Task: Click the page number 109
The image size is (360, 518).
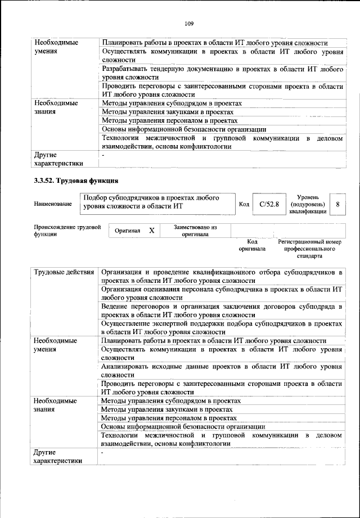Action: [x=189, y=24]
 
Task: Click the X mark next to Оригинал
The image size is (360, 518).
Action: [x=151, y=231]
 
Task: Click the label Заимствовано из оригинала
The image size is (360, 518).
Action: [x=195, y=231]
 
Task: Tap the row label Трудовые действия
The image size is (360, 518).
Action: [x=64, y=272]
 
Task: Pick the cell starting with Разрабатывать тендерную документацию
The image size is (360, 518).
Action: [x=222, y=71]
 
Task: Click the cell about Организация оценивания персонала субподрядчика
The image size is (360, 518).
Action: [x=222, y=293]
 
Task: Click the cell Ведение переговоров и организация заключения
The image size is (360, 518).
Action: [x=222, y=310]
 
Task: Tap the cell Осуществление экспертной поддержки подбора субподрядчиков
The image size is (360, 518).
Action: [x=222, y=328]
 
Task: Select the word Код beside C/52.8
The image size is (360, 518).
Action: [x=244, y=204]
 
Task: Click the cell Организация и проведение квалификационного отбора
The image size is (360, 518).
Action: [x=222, y=276]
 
